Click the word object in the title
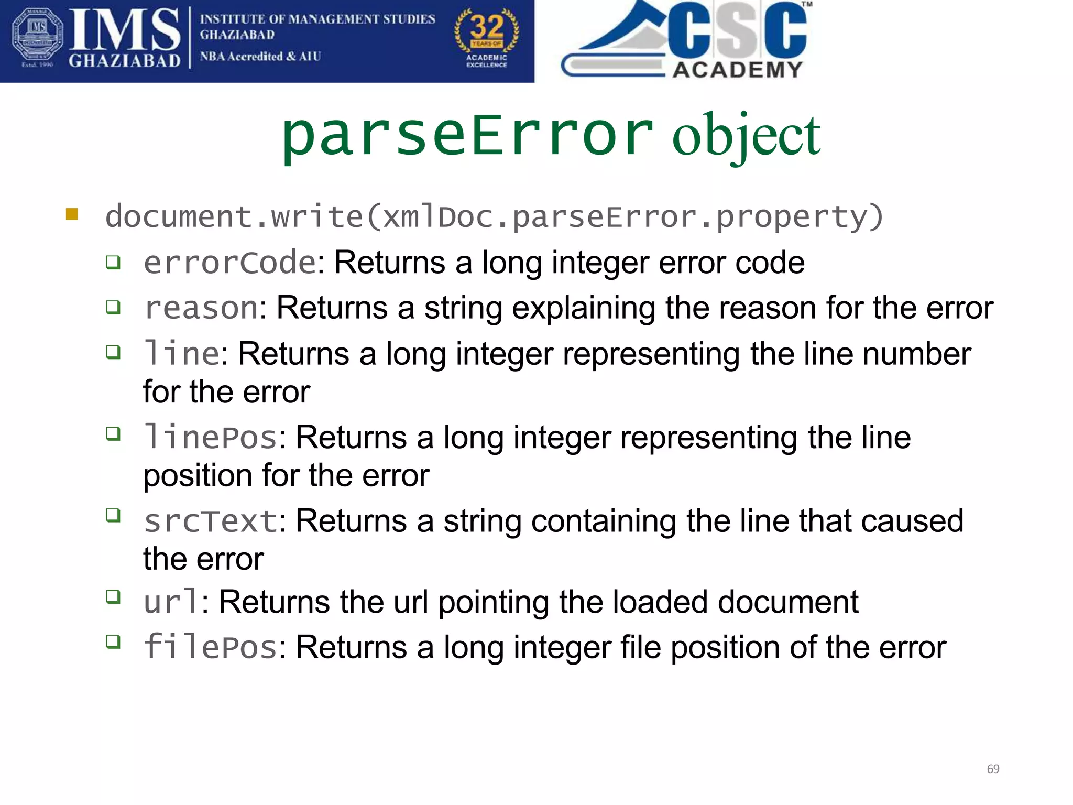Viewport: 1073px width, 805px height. click(746, 137)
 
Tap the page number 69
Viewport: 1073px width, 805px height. click(993, 769)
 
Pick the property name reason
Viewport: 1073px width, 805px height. click(201, 308)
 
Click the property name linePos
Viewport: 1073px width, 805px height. click(210, 437)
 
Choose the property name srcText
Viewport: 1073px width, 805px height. click(210, 521)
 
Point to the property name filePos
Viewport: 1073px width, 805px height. click(210, 647)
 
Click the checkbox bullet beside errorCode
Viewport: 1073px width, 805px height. click(113, 262)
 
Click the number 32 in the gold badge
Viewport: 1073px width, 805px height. click(487, 26)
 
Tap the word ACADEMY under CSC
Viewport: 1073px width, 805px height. click(737, 70)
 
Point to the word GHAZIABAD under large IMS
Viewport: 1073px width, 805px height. click(125, 61)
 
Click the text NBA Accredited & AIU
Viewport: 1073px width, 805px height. click(260, 56)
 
